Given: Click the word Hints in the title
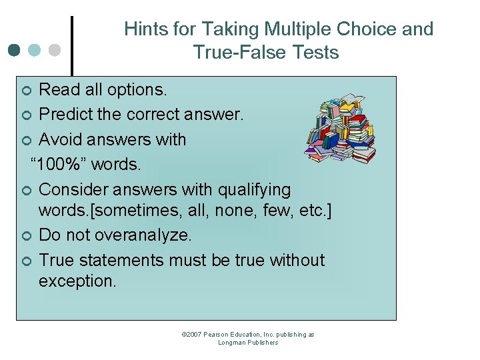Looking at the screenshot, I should coord(143,29).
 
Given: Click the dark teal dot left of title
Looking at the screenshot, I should coord(15,50).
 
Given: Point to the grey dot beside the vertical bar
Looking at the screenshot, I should coord(55,50).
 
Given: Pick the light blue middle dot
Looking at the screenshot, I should coord(35,50).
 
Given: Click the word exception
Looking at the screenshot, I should coord(77,281).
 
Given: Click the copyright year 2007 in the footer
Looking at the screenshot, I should coord(192,335).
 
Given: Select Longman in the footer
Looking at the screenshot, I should coord(233,343).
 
